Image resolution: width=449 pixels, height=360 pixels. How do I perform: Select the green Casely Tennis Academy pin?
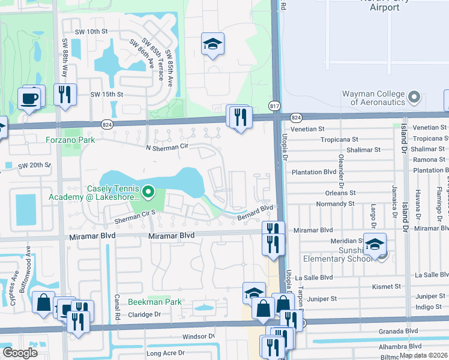pyautogui.click(x=148, y=193)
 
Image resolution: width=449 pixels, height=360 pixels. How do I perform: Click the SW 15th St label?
pyautogui.click(x=106, y=94)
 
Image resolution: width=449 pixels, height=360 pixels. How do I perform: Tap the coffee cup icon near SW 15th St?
pyautogui.click(x=29, y=97)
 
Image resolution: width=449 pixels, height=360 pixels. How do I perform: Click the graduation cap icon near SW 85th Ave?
pyautogui.click(x=212, y=44)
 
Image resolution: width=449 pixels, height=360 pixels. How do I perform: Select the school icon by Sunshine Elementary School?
pyautogui.click(x=375, y=244)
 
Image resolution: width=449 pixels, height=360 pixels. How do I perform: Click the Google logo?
pyautogui.click(x=20, y=353)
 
